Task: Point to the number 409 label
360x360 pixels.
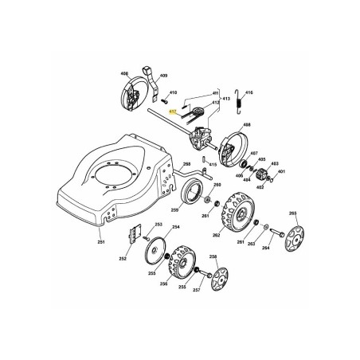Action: (x=162, y=77)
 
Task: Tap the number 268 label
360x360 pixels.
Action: (x=186, y=163)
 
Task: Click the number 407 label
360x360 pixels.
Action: (x=253, y=152)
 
